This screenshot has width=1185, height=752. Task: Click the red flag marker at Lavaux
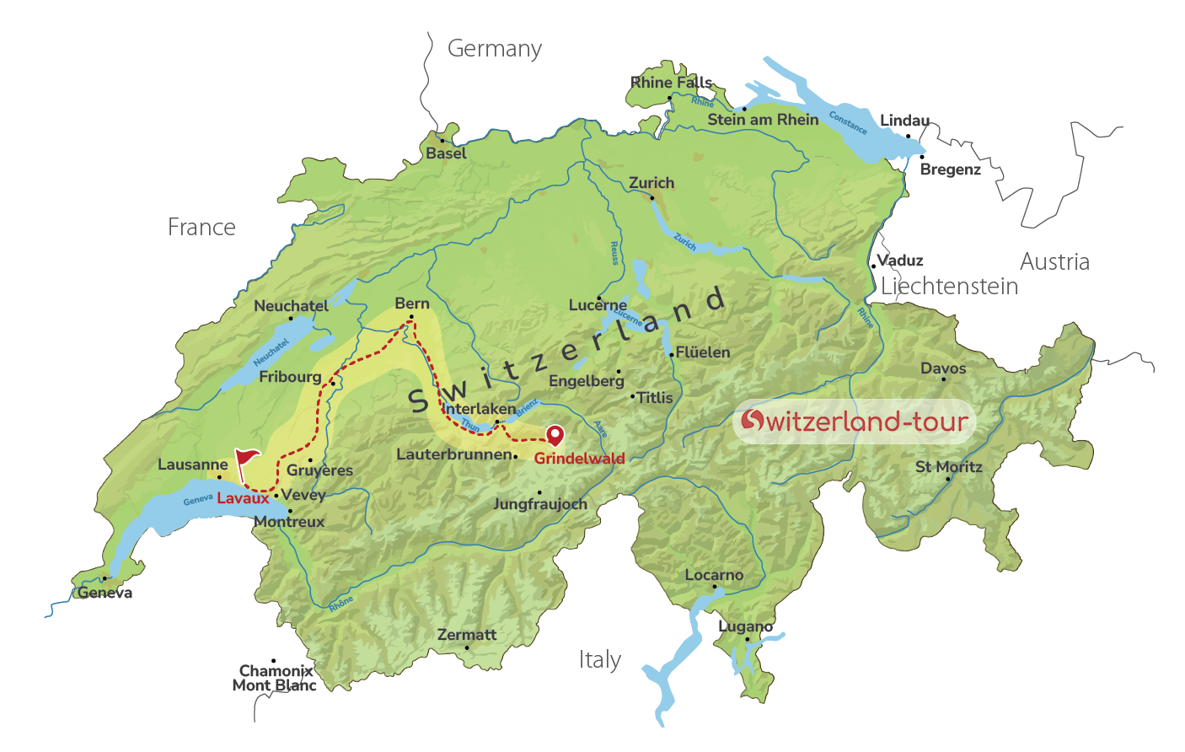pyautogui.click(x=247, y=459)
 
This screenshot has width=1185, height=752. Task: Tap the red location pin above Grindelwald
pyautogui.click(x=555, y=434)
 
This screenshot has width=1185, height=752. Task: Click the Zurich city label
pyautogui.click(x=651, y=183)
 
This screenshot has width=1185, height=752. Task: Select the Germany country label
pyautogui.click(x=494, y=49)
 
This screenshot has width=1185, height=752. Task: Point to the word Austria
pyautogui.click(x=1054, y=262)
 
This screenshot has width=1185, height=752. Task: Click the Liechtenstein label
pyautogui.click(x=949, y=287)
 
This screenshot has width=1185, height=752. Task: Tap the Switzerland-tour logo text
pyautogui.click(x=855, y=421)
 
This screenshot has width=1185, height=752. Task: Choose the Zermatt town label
pyautogui.click(x=467, y=635)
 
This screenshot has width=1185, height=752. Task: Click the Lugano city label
pyautogui.click(x=745, y=626)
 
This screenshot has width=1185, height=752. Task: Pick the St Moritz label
pyautogui.click(x=949, y=467)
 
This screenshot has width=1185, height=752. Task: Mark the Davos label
pyautogui.click(x=943, y=368)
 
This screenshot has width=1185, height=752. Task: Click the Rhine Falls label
pyautogui.click(x=672, y=83)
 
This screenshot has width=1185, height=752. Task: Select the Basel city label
pyautogui.click(x=446, y=153)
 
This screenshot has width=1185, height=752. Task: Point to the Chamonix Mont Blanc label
pyautogui.click(x=275, y=679)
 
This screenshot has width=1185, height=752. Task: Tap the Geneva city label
pyautogui.click(x=105, y=594)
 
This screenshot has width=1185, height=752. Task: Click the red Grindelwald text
pyautogui.click(x=579, y=459)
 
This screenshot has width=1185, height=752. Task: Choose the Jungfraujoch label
pyautogui.click(x=540, y=504)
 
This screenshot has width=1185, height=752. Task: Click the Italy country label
pyautogui.click(x=600, y=659)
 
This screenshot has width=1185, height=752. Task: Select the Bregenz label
pyautogui.click(x=951, y=170)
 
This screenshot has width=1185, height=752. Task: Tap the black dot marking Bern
pyautogui.click(x=411, y=318)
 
